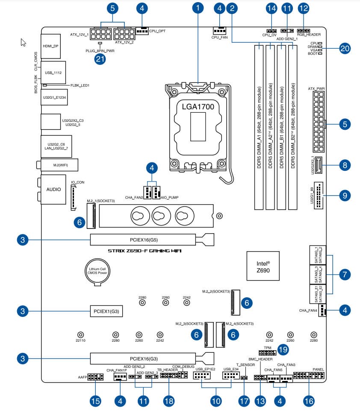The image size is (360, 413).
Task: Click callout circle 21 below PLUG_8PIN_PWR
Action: click(100, 59)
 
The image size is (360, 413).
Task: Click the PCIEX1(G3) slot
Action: click(106, 310)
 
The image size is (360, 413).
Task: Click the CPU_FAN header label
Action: click(219, 38)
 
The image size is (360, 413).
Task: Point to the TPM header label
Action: click(268, 348)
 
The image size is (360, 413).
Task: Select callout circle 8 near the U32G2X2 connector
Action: click(345, 164)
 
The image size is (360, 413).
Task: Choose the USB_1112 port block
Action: click(53, 73)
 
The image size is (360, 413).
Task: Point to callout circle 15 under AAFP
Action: click(95, 401)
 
